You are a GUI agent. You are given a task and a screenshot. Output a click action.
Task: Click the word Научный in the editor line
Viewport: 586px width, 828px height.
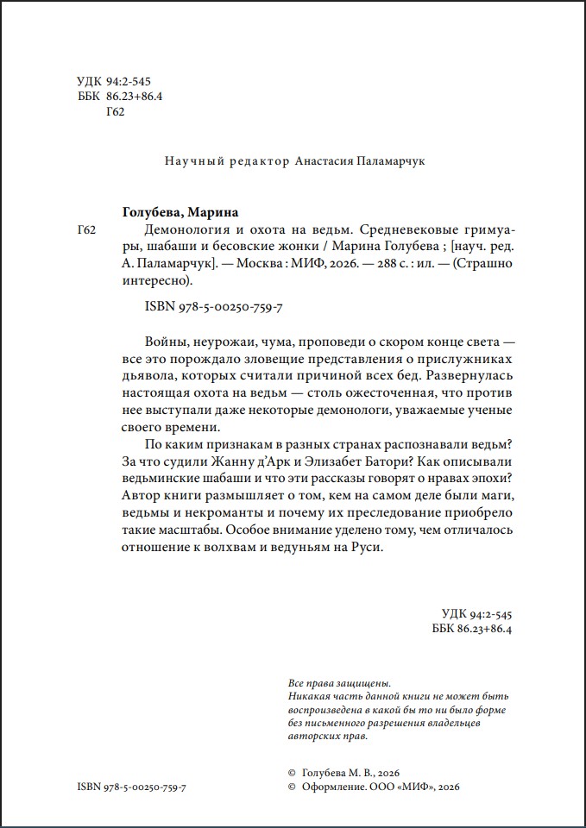pos(190,160)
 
